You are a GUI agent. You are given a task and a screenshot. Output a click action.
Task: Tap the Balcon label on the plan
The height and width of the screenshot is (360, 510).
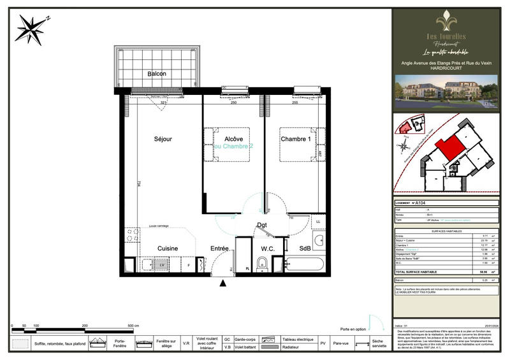coord(157,74)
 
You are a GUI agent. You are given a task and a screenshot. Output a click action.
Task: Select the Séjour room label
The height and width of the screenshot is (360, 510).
coord(163,139)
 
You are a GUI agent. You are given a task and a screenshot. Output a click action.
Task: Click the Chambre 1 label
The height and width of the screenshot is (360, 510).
coord(296,139)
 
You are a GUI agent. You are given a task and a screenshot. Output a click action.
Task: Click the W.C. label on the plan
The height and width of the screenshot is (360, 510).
coord(267,248)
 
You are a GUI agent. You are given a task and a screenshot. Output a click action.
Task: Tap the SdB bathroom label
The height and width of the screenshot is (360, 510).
coord(305,248)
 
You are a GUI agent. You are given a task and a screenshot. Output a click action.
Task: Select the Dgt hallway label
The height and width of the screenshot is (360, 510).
coord(262,225)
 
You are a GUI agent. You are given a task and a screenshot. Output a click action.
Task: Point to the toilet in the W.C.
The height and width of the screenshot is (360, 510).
coord(262,264)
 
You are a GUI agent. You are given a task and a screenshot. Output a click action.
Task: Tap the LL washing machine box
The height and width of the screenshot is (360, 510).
coord(318,222)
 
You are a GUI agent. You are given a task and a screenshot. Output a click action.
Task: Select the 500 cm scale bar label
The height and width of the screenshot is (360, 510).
coord(133,325)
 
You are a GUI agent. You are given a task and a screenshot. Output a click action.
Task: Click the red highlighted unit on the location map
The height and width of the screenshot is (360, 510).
coord(448,148)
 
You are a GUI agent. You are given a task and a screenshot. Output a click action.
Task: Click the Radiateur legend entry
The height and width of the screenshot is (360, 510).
coord(295,347)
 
